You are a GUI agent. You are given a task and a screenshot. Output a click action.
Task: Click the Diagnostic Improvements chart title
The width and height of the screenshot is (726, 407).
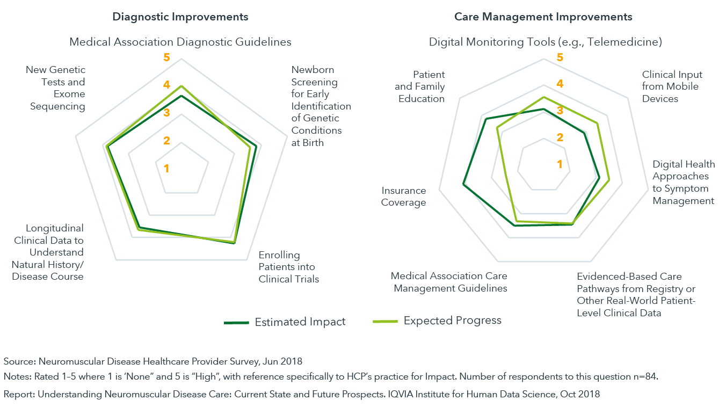tap(180, 17)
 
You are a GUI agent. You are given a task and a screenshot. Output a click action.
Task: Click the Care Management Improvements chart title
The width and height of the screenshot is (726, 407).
tap(543, 17)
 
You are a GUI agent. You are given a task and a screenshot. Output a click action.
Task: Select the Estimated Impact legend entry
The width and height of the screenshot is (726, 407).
tap(285, 322)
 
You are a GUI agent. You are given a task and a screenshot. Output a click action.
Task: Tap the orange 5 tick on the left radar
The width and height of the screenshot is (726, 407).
tap(166, 57)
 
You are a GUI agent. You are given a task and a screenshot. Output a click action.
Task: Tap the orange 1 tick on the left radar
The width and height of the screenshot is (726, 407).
tap(166, 169)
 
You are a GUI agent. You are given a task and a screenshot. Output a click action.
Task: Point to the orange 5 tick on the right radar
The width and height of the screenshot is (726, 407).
tap(560, 57)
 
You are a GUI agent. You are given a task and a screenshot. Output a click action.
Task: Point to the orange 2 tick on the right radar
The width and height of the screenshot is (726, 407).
tap(560, 137)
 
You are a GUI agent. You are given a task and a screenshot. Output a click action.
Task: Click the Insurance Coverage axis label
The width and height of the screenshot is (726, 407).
tap(404, 197)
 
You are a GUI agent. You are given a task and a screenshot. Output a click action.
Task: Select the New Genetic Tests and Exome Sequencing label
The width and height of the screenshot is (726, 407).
tap(56, 88)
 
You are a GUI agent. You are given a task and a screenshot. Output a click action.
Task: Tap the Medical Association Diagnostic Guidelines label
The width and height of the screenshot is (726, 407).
tap(180, 41)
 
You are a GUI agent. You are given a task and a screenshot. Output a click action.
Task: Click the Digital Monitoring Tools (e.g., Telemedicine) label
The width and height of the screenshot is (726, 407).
tap(545, 41)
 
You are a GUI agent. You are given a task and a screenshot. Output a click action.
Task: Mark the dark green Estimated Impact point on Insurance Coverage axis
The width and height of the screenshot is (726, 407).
tap(464, 185)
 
